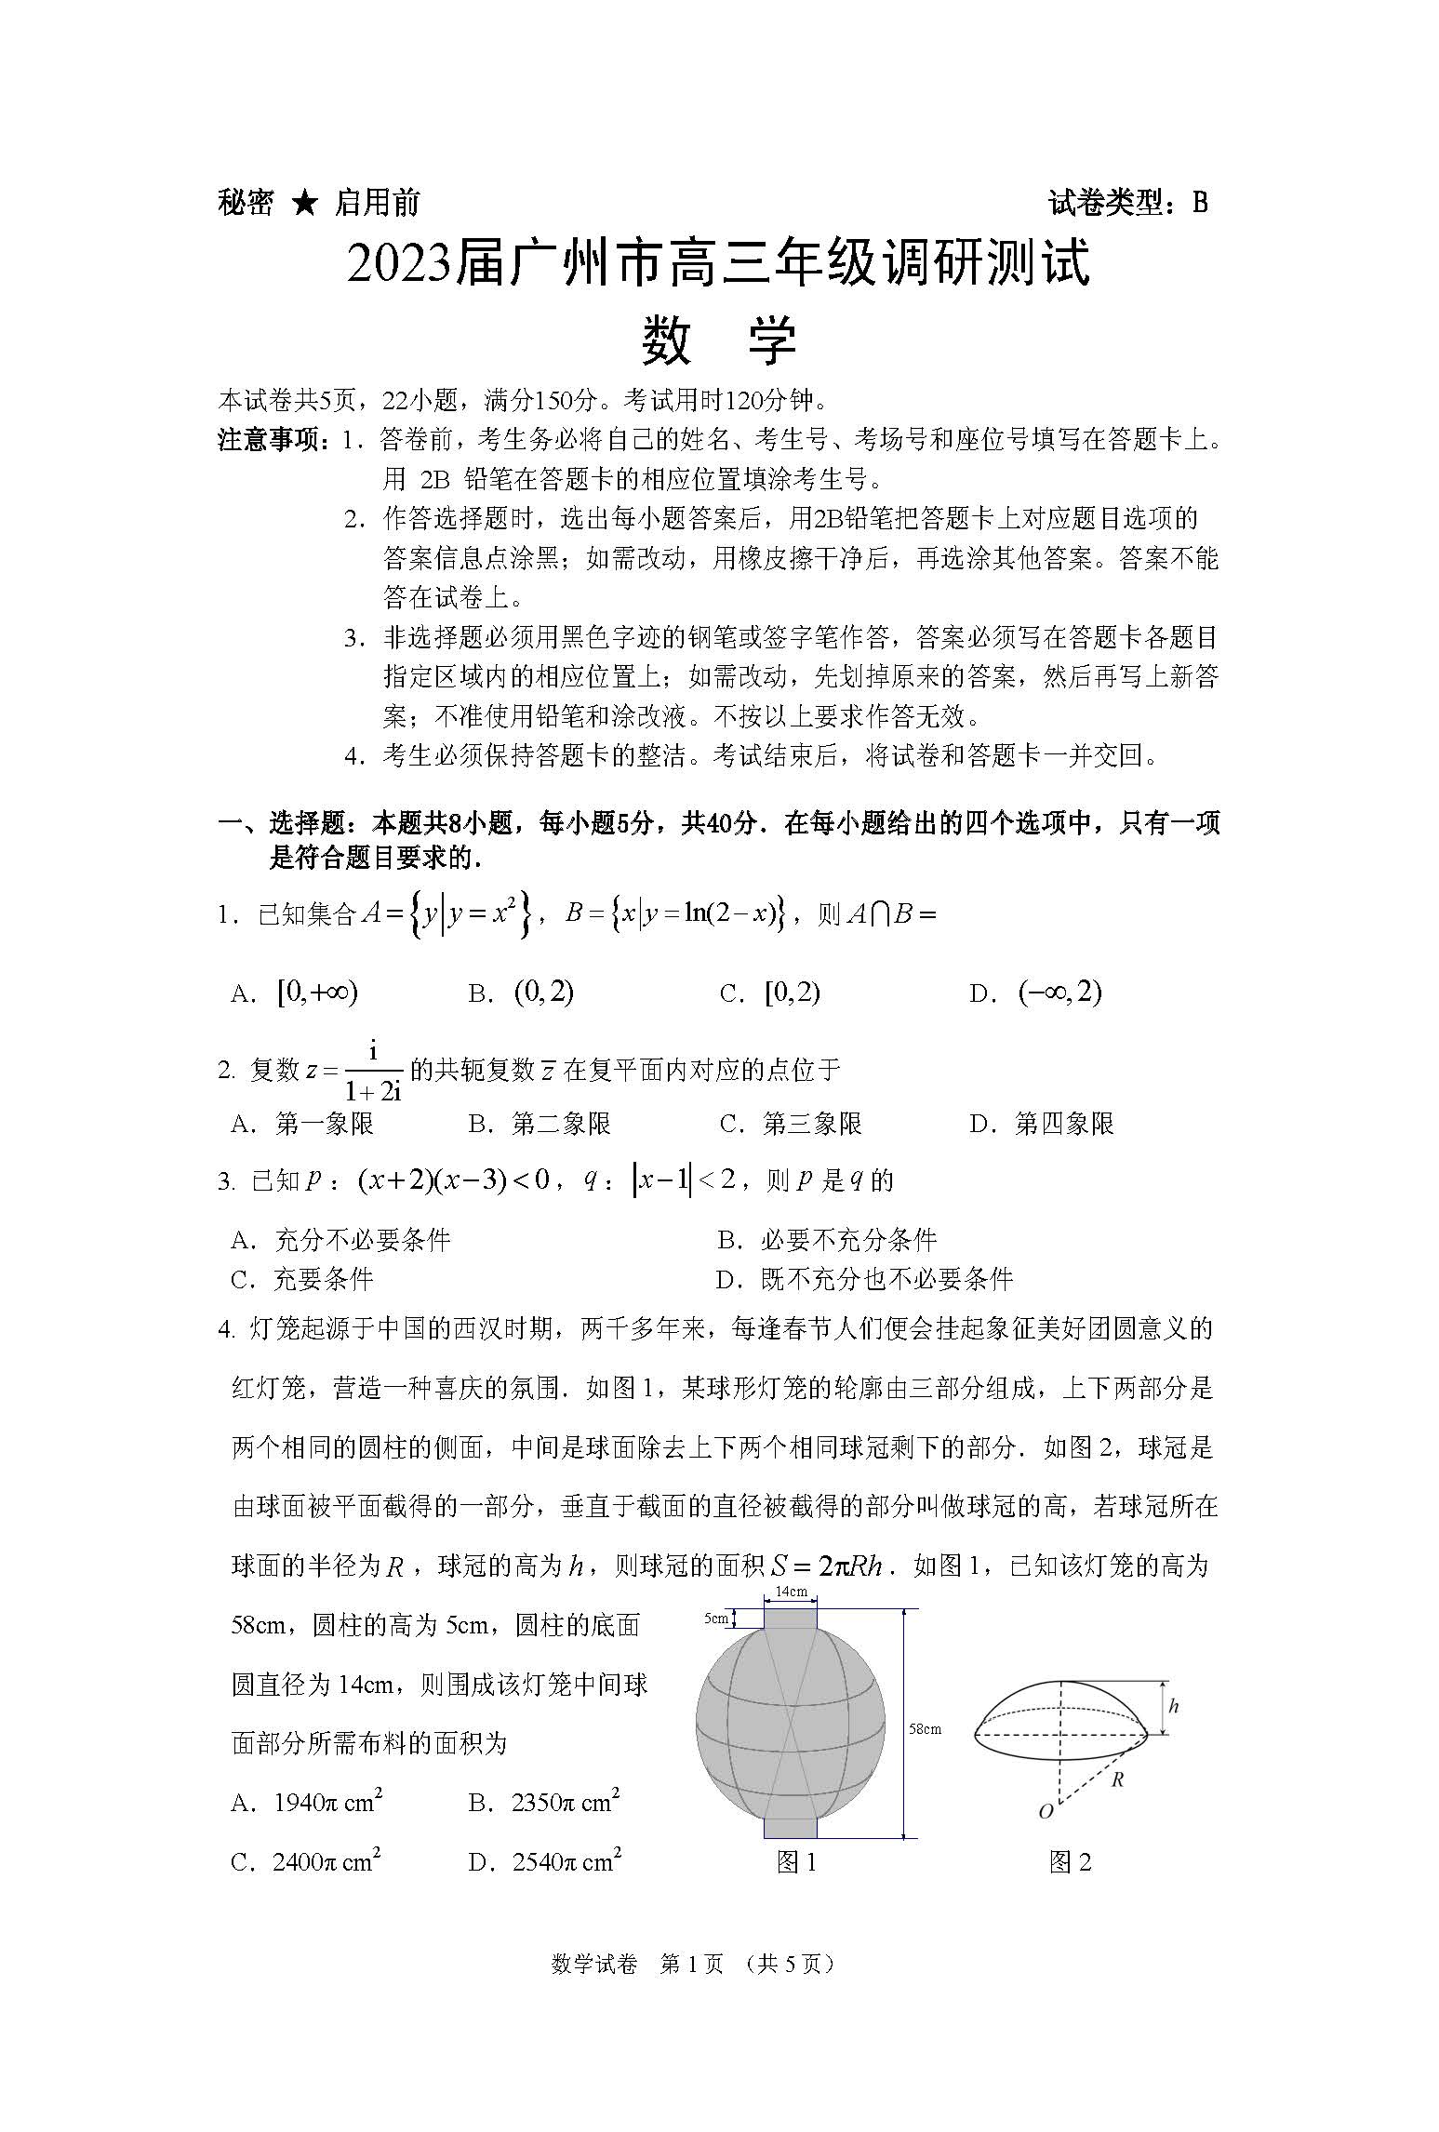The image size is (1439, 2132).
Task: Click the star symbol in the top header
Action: click(x=304, y=202)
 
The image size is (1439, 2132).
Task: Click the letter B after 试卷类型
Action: click(x=1199, y=202)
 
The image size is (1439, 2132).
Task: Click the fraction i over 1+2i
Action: click(x=372, y=1071)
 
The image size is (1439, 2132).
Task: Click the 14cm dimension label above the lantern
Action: click(x=791, y=1591)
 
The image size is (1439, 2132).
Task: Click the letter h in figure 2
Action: click(x=1173, y=1706)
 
